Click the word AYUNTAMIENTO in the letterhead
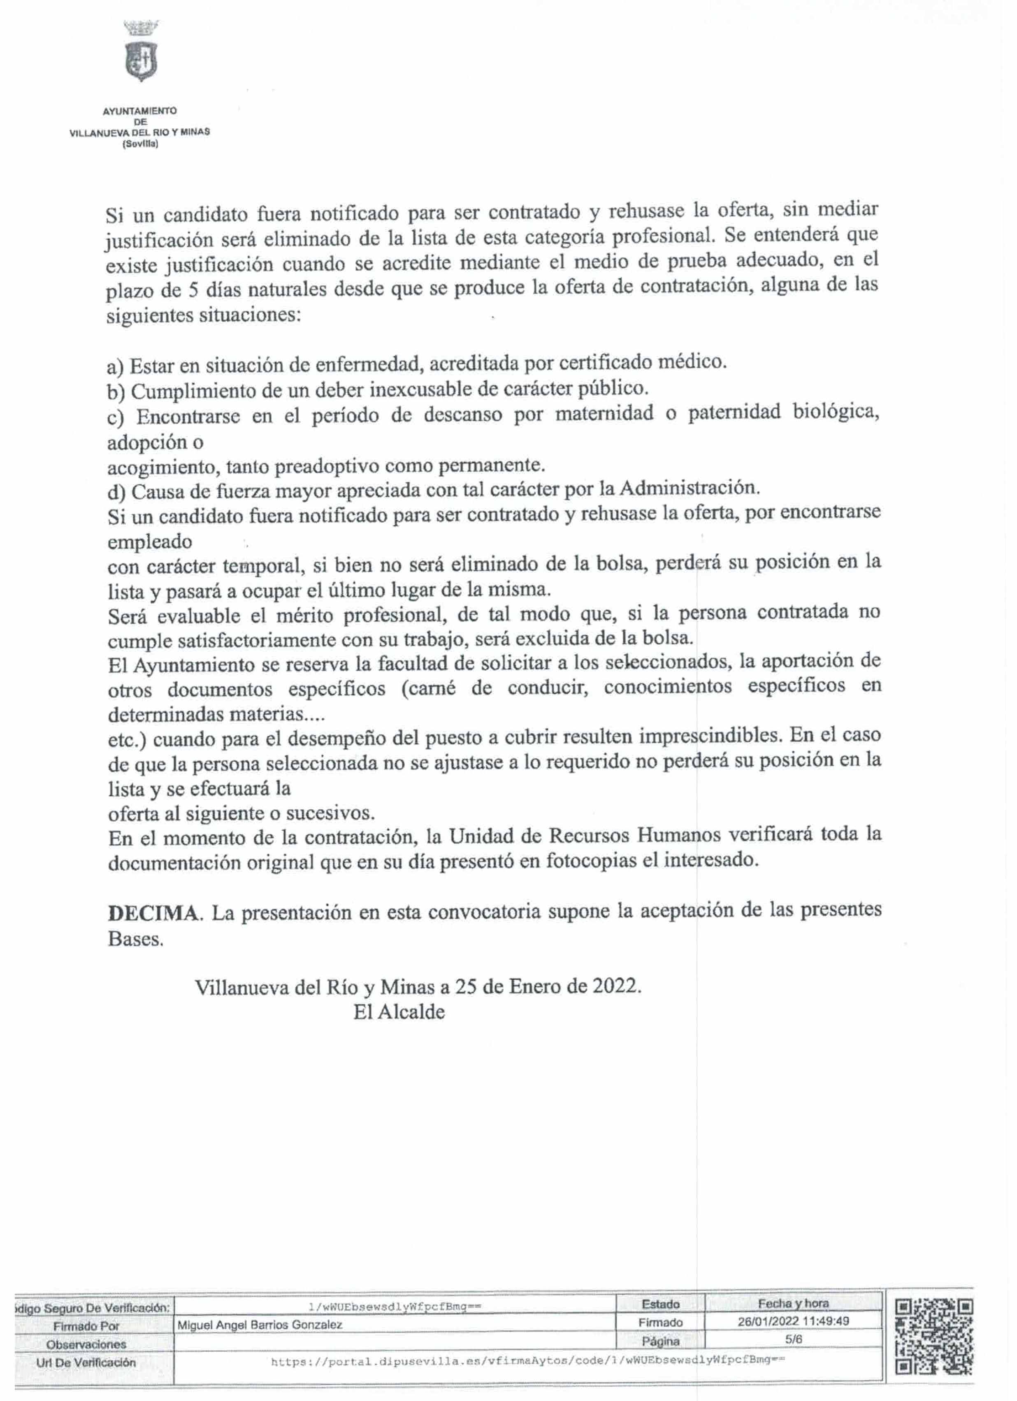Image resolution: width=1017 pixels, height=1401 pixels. click(x=139, y=111)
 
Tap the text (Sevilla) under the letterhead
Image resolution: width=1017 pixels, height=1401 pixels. click(x=140, y=144)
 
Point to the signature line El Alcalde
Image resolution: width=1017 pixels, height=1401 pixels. click(x=399, y=1012)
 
